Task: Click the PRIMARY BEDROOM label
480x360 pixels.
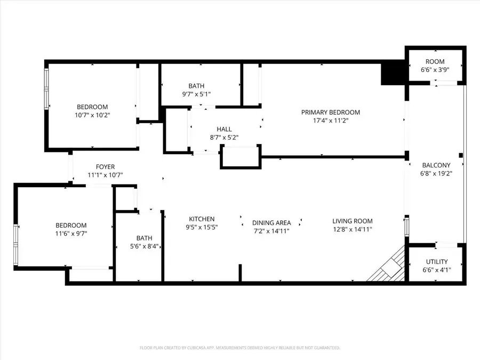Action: pyautogui.click(x=330, y=112)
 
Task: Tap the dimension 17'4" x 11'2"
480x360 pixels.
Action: pyautogui.click(x=330, y=121)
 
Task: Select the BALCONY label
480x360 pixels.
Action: pyautogui.click(x=436, y=165)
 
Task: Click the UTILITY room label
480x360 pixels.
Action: pyautogui.click(x=436, y=261)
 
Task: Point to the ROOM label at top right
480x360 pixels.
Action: pyautogui.click(x=435, y=62)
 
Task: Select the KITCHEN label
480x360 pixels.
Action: pyautogui.click(x=202, y=219)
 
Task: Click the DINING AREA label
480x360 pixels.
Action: pyautogui.click(x=272, y=222)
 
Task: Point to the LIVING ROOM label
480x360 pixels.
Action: pyautogui.click(x=352, y=221)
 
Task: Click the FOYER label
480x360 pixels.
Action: pyautogui.click(x=105, y=167)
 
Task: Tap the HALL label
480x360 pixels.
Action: pyautogui.click(x=224, y=129)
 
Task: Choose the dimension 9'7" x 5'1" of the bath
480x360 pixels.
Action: pyautogui.click(x=196, y=94)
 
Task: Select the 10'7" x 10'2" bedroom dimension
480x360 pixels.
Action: pyautogui.click(x=92, y=114)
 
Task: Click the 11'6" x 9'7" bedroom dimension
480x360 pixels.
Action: pyautogui.click(x=71, y=234)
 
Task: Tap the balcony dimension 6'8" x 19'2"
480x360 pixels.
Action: pyautogui.click(x=436, y=173)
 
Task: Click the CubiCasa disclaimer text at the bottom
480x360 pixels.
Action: pyautogui.click(x=239, y=348)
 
